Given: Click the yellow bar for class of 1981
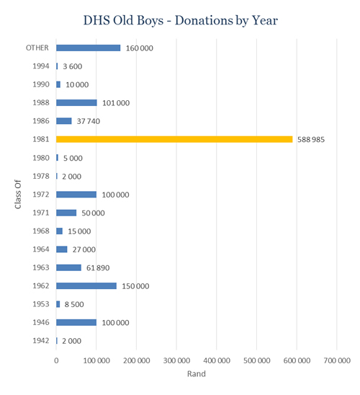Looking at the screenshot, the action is click(x=174, y=139).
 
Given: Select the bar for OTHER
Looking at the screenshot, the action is click(x=89, y=48).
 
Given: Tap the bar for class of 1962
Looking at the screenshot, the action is click(x=86, y=286).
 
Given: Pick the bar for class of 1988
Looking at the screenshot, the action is click(x=76, y=103).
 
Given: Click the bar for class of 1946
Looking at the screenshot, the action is click(x=76, y=322).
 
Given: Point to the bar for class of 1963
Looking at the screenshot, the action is click(x=68, y=267).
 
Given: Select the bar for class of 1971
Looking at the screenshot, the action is click(x=66, y=213).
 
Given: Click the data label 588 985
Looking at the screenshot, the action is click(x=311, y=140).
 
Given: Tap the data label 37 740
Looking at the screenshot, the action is click(x=89, y=121).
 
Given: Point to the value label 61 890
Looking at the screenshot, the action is click(x=98, y=268).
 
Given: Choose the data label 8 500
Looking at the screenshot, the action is click(x=74, y=304).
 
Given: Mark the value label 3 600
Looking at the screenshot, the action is click(x=73, y=66).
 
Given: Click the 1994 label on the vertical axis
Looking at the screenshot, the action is click(x=41, y=66).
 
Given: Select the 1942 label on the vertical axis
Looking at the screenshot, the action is click(x=41, y=341).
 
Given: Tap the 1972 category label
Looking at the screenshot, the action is click(x=41, y=195).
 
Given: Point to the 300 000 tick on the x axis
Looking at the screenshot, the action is click(x=176, y=360).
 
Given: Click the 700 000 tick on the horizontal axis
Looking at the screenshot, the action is click(x=337, y=360).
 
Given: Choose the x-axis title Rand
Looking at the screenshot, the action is click(x=197, y=373).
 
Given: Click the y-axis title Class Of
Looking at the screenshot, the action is click(x=17, y=194).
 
